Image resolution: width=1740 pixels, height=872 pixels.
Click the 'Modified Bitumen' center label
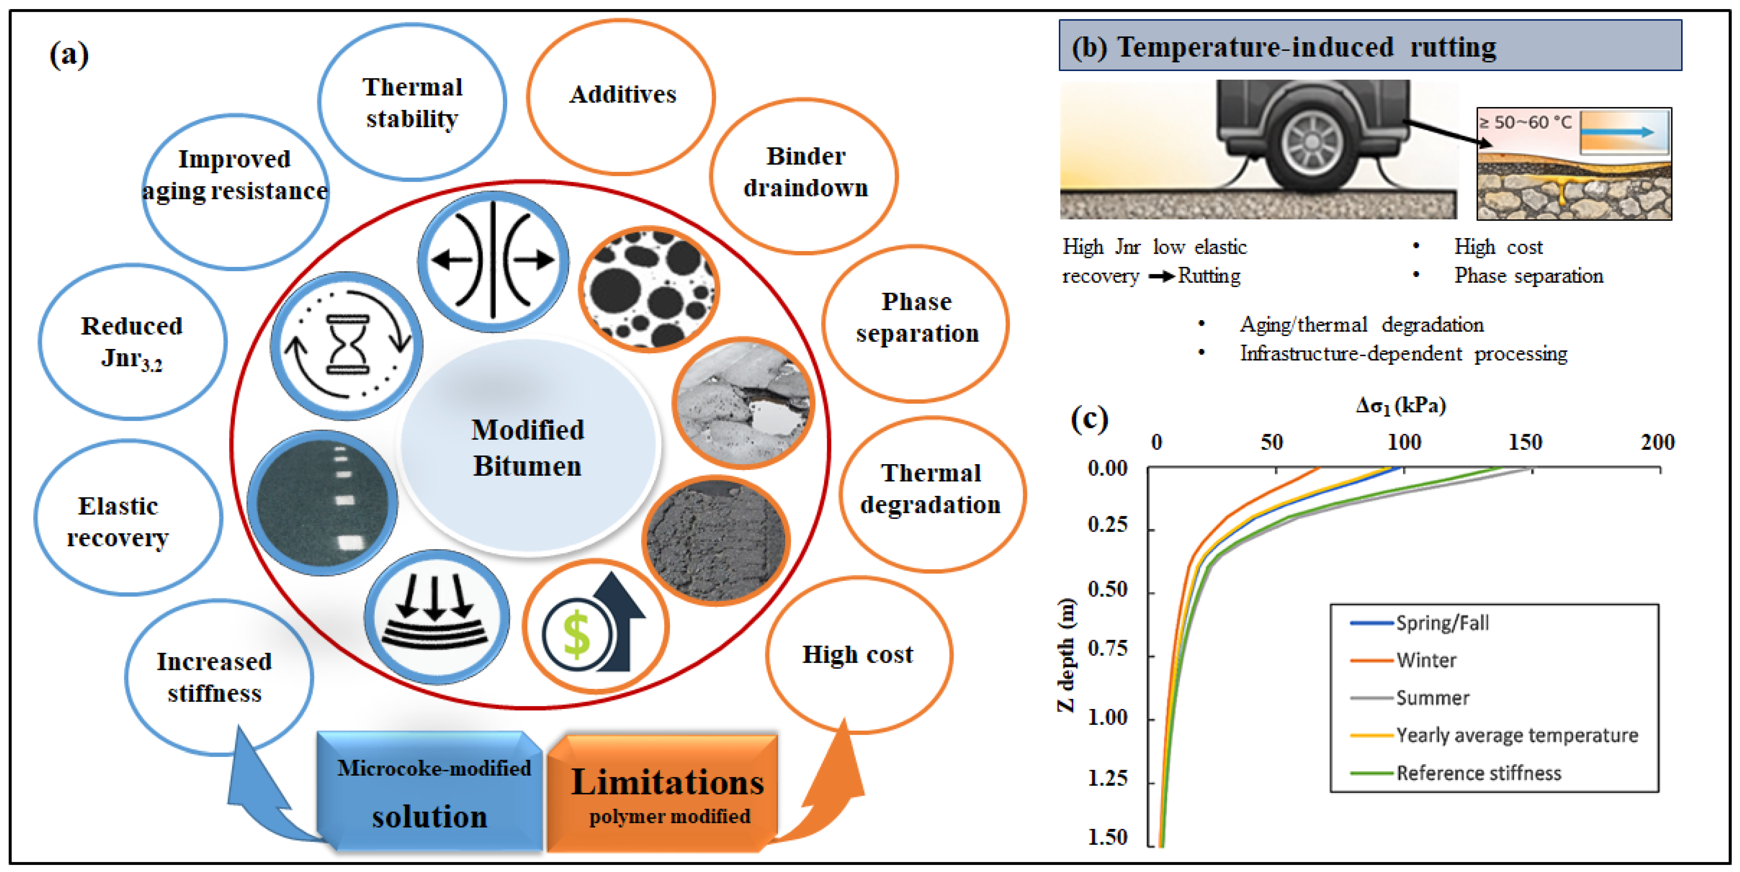(528, 448)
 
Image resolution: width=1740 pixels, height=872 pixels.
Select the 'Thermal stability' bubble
(412, 103)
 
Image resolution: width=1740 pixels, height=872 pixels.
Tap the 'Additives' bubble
(622, 94)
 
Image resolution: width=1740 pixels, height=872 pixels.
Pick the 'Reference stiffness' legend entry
(1479, 773)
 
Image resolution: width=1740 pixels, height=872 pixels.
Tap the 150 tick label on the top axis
(1525, 443)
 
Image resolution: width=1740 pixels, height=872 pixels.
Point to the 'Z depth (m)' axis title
(1065, 654)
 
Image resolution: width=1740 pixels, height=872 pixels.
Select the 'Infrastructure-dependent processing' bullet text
(1403, 354)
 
